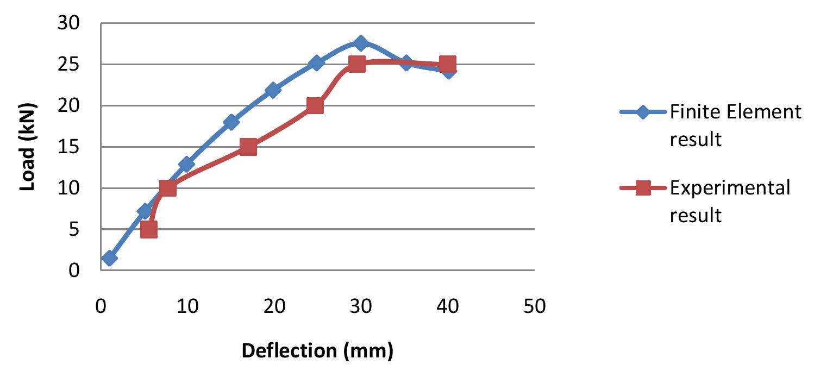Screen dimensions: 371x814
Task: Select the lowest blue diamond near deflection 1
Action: coord(109,258)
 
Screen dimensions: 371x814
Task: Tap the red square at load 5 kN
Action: coord(148,229)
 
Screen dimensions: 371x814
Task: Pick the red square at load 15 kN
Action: coord(248,147)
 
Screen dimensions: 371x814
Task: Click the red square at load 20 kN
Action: coord(315,105)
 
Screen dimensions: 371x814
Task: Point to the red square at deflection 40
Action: coord(447,65)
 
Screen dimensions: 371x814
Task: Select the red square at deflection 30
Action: coord(356,64)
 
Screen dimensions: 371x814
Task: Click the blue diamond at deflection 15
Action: coord(231,122)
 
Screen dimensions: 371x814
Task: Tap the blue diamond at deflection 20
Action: coord(273,90)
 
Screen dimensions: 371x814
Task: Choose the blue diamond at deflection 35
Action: coord(405,63)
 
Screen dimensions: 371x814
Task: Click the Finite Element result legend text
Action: coord(735,125)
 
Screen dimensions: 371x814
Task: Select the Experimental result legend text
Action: coord(730,201)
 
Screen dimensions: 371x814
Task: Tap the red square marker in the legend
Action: coord(643,188)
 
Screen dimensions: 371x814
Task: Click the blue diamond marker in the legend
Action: coord(643,112)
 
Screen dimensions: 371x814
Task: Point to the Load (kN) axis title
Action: coord(27,147)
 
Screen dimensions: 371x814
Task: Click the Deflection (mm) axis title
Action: coord(317,351)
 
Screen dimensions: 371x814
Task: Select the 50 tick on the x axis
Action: coord(534,306)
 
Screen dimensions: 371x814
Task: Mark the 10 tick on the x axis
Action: coord(187,306)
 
